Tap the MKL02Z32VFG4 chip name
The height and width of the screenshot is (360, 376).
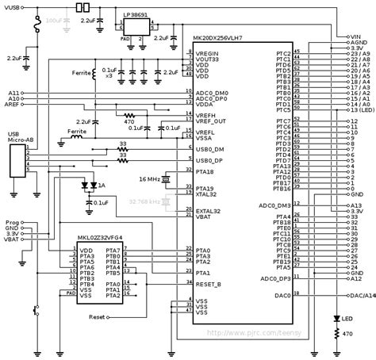[100, 237]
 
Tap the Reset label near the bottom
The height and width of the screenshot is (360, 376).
[97, 317]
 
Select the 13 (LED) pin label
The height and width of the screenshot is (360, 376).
[359, 109]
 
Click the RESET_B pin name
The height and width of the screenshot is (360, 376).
[208, 283]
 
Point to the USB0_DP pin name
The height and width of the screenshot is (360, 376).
[210, 159]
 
